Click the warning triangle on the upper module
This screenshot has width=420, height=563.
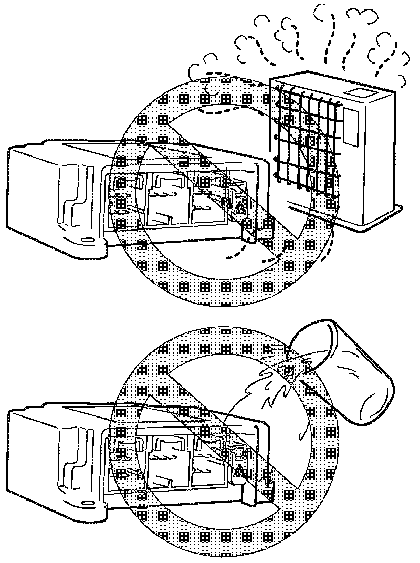(239, 209)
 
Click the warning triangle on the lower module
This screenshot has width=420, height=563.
(239, 473)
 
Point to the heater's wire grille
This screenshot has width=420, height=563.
(304, 139)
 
